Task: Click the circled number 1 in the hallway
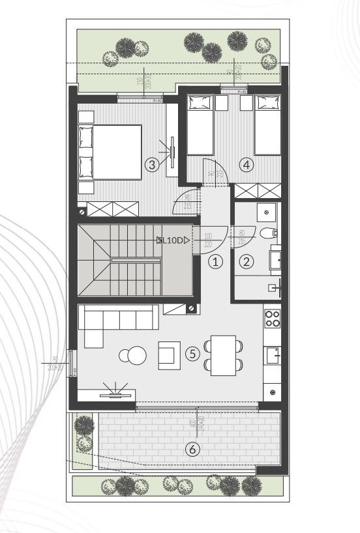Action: (x=216, y=262)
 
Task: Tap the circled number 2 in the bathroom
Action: (x=247, y=262)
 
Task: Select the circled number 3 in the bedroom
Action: (x=152, y=165)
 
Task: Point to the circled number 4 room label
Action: (x=246, y=165)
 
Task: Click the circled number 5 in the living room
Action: (x=192, y=354)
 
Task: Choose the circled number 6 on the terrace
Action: (x=192, y=448)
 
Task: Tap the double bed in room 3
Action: (x=110, y=152)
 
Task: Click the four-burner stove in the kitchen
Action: (x=272, y=319)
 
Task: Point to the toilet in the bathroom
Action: (x=267, y=233)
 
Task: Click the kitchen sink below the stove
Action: (x=272, y=354)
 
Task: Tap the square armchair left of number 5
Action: (x=170, y=354)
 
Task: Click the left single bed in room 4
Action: (x=200, y=125)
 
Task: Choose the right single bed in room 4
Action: (x=267, y=125)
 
